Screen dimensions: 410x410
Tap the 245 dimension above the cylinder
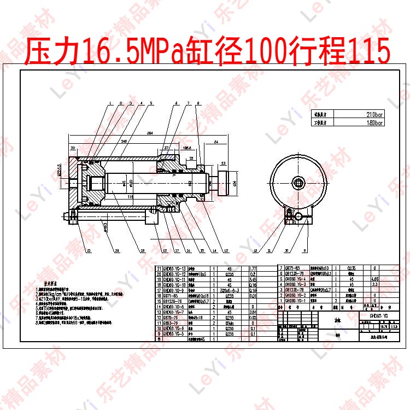tap(125, 141)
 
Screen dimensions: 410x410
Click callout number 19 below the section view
tap(142, 251)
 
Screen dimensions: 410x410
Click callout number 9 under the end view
tap(305, 251)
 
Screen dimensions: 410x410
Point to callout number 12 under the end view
tap(255, 251)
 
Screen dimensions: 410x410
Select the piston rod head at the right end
tap(224, 183)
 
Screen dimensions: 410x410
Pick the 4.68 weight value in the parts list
tap(375, 279)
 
